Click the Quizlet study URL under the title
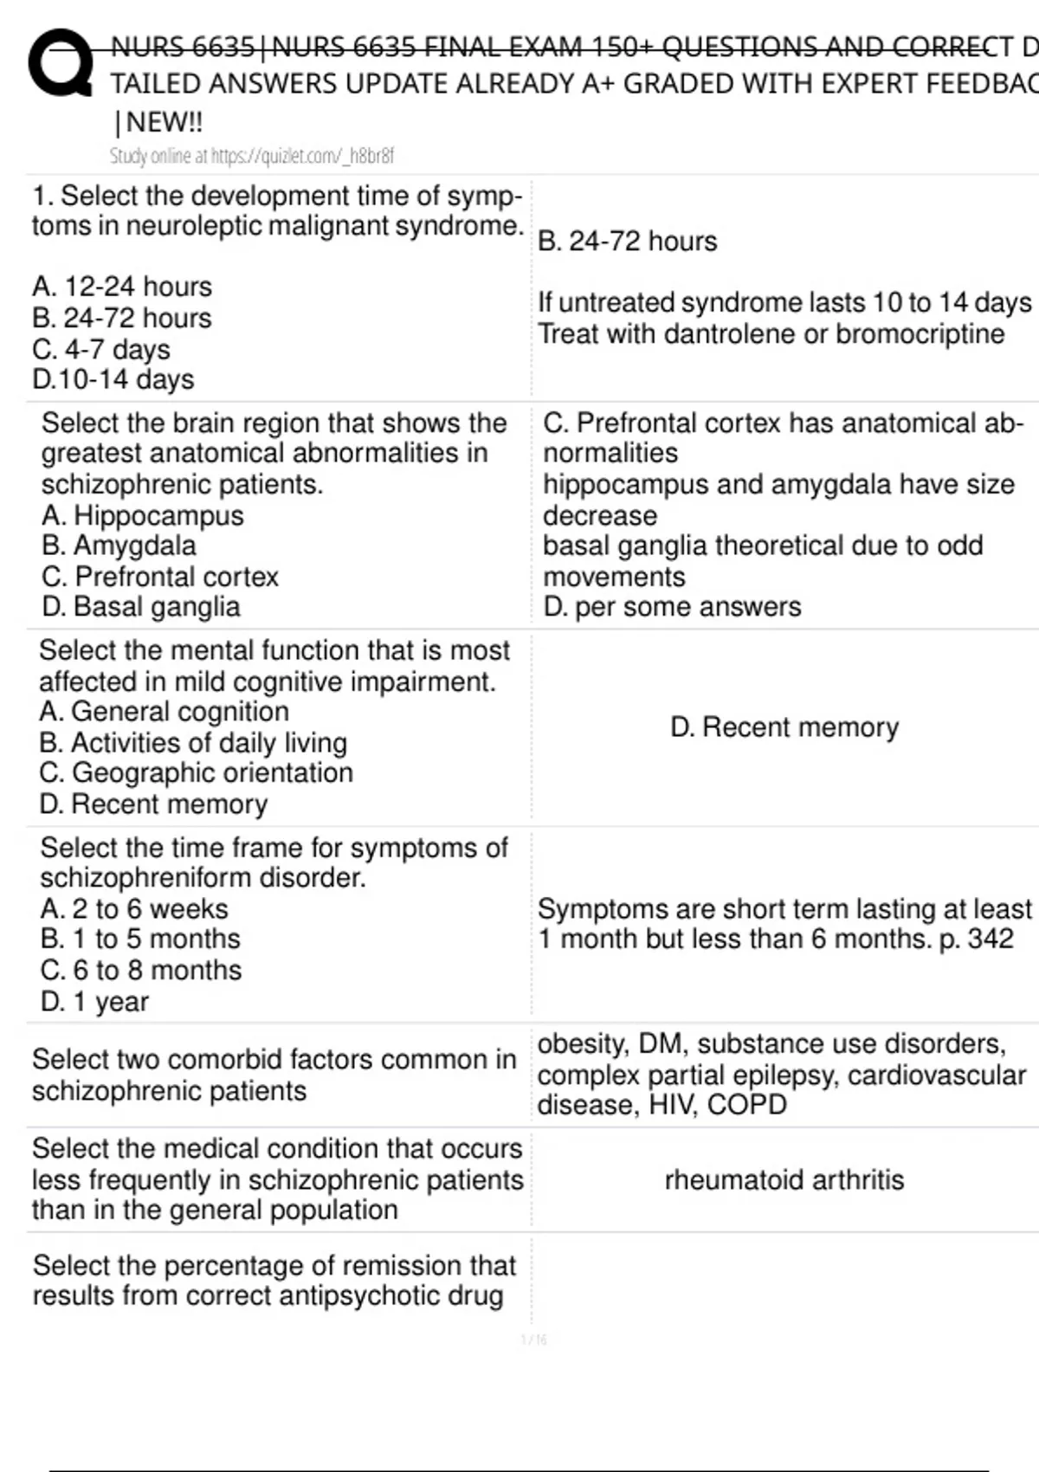point(251,156)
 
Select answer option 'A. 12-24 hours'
point(122,287)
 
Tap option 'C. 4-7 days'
point(101,349)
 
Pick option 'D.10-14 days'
point(113,379)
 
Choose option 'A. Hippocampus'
point(143,515)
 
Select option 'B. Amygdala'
point(119,546)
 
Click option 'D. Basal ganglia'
point(141,607)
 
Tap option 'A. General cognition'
point(165,711)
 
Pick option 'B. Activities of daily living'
point(193,742)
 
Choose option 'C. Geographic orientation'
point(197,772)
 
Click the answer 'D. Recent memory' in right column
point(784,727)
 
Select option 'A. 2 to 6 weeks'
point(134,908)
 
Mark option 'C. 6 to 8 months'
point(141,970)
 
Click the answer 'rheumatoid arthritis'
point(784,1179)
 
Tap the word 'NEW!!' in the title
point(165,122)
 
